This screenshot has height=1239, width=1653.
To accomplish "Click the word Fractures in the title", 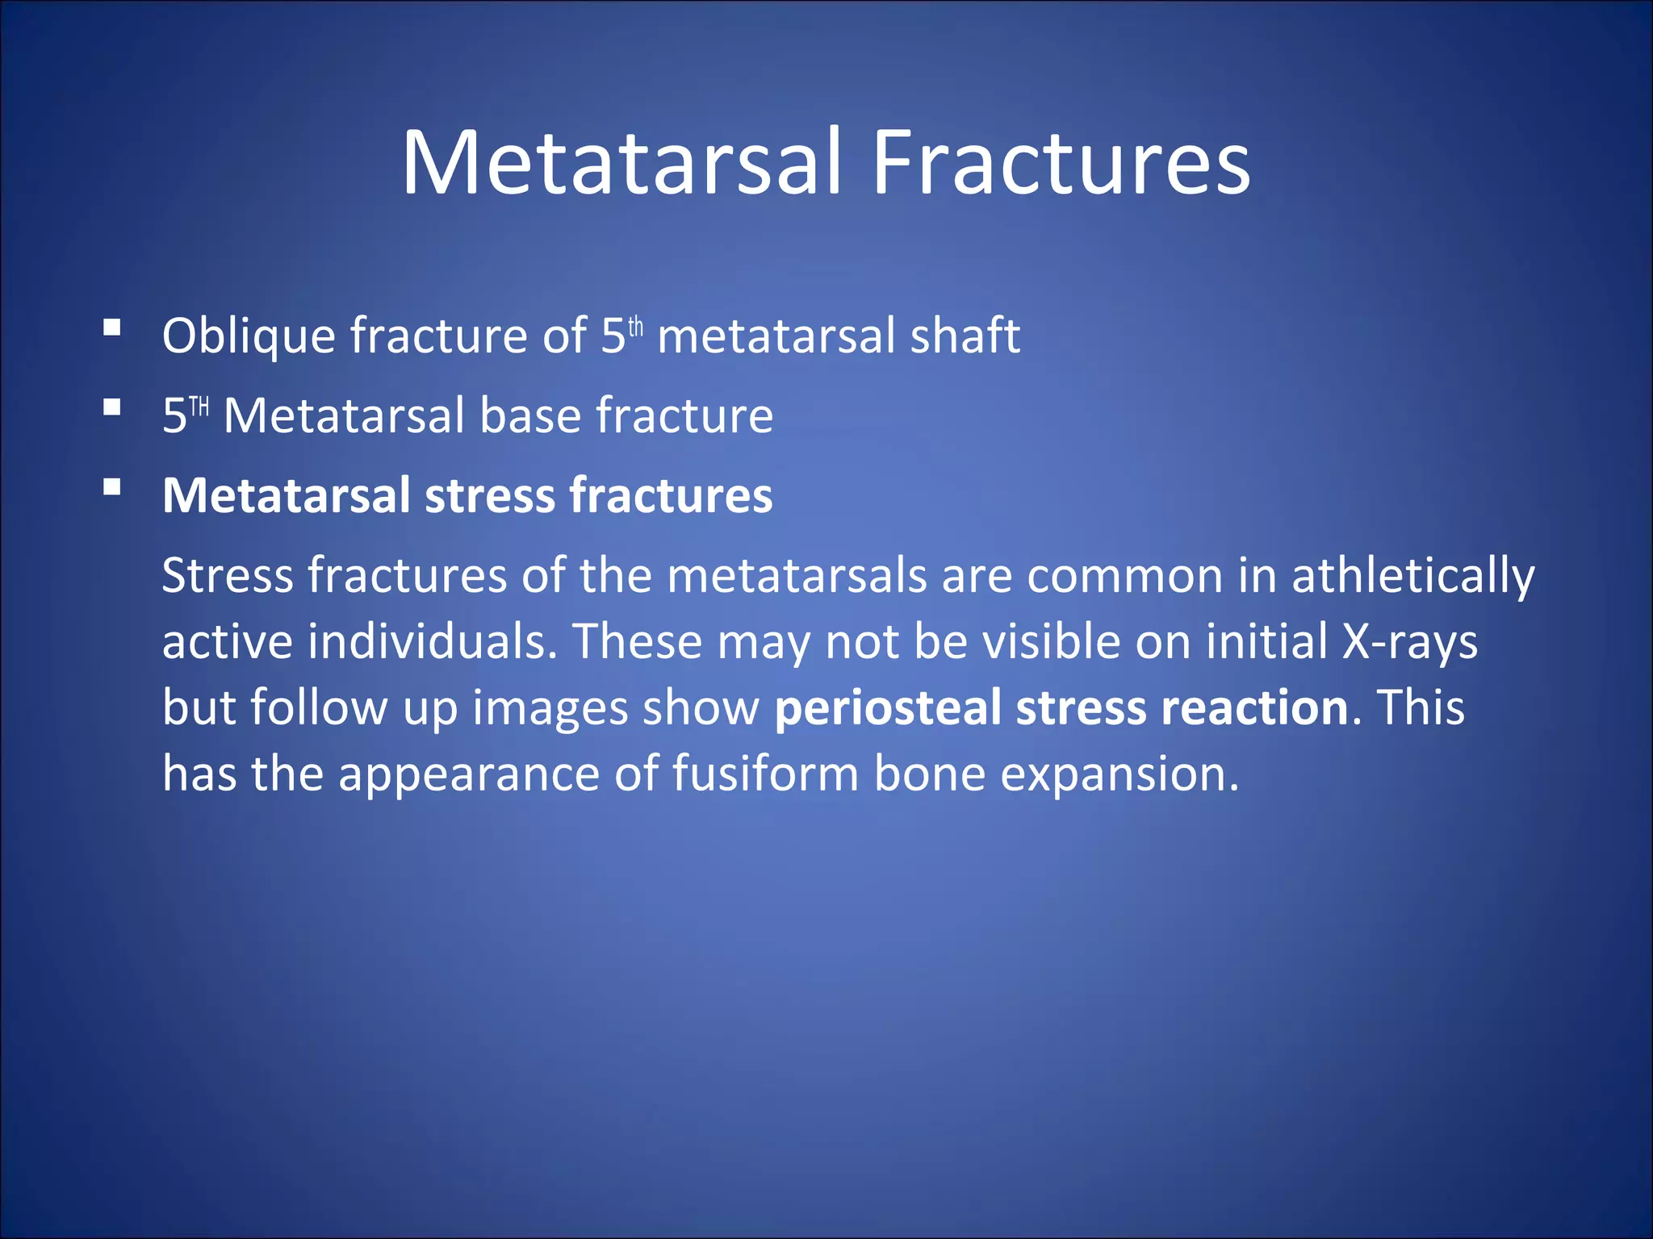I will [1061, 163].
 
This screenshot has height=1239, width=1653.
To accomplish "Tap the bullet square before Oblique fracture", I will [112, 327].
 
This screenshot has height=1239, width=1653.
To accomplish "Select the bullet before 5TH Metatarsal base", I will [112, 407].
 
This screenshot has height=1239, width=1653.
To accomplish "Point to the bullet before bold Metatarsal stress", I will [112, 487].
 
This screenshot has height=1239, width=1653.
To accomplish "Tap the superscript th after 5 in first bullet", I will [636, 327].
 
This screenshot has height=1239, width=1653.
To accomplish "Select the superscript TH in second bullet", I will [199, 406].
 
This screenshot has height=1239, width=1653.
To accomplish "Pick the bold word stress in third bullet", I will [489, 496].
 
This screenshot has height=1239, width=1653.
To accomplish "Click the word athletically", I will [1412, 577].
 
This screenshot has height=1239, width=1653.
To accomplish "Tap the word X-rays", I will [1409, 642].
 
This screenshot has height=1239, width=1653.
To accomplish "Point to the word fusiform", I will [765, 774].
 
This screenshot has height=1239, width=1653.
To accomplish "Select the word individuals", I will [433, 642].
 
